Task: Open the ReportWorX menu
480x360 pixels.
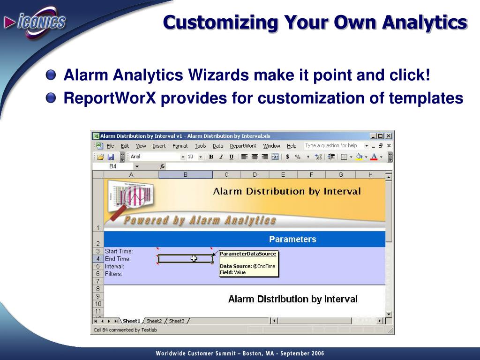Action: [243, 146]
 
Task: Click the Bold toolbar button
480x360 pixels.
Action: [211, 157]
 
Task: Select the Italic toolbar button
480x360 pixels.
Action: [221, 157]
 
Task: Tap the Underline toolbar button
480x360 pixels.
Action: [232, 157]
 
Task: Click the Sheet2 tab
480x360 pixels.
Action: [154, 321]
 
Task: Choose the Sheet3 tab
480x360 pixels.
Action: [177, 321]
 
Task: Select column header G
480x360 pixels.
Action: [340, 175]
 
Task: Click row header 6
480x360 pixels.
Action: [98, 274]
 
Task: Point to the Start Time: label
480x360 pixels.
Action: [119, 251]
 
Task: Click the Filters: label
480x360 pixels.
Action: [113, 274]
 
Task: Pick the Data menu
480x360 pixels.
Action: [218, 146]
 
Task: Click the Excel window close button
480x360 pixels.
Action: [389, 136]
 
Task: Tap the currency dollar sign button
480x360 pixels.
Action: [287, 157]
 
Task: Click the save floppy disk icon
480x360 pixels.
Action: [111, 157]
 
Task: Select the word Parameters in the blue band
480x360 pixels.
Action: [292, 239]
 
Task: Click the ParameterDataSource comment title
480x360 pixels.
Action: [248, 254]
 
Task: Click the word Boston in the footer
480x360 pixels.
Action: [252, 353]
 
